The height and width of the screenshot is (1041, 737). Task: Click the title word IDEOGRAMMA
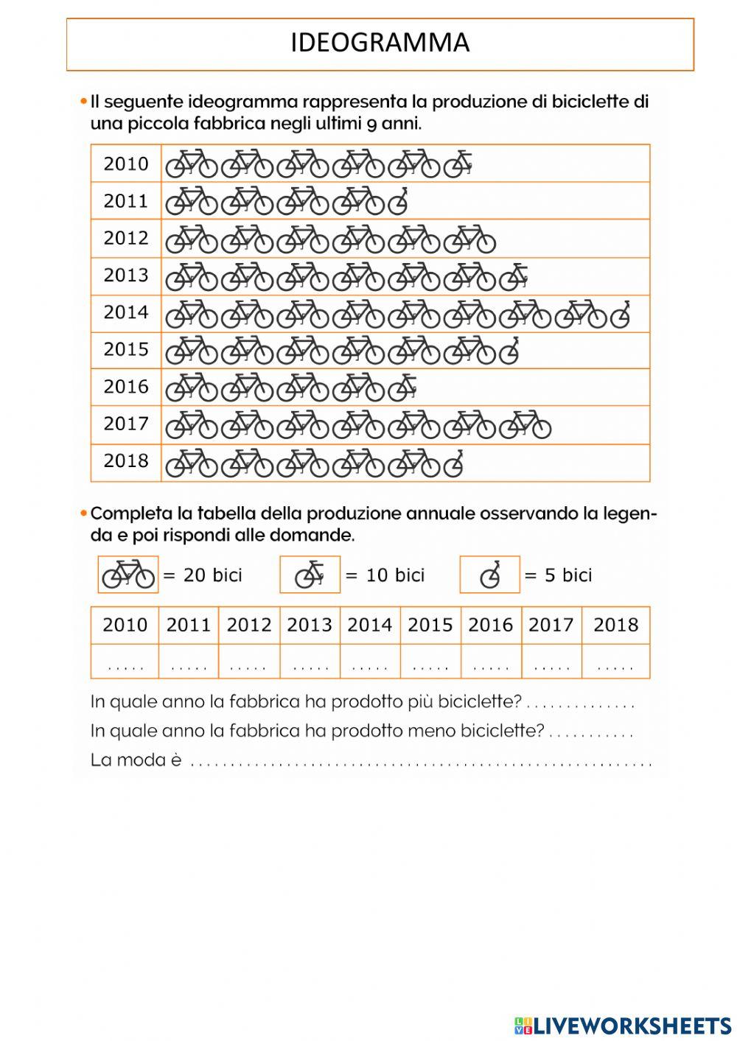(380, 43)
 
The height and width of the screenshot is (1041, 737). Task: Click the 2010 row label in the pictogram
(126, 164)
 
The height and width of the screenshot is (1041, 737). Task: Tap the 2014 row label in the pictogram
(126, 312)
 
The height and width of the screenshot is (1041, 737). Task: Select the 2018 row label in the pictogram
(126, 461)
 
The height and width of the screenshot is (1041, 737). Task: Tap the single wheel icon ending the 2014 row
(621, 314)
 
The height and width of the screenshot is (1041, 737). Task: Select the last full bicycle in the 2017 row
(525, 424)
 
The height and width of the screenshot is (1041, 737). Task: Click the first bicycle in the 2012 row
(191, 239)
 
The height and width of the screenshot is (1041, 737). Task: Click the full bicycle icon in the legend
(128, 575)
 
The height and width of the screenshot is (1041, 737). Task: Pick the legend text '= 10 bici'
(385, 575)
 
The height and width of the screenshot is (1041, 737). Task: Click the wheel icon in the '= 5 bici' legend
(490, 575)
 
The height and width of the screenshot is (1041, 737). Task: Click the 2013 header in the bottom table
(310, 625)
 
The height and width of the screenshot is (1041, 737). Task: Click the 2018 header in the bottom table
(615, 625)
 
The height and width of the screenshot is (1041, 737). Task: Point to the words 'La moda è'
(136, 760)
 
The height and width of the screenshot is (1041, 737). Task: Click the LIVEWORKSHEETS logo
(622, 1025)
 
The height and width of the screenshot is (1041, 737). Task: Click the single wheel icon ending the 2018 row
(453, 463)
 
